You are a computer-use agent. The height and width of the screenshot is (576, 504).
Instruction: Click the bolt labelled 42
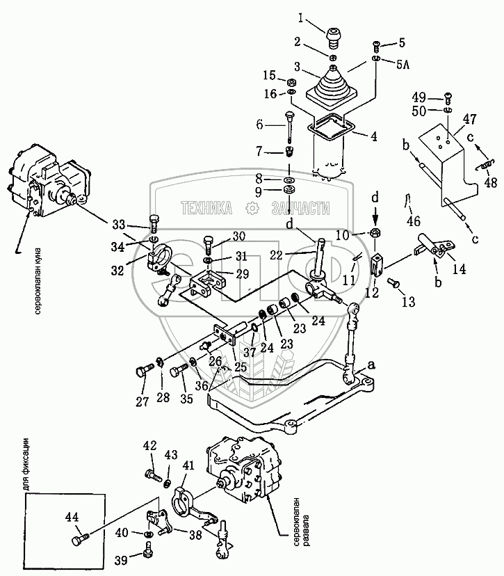pos(151,475)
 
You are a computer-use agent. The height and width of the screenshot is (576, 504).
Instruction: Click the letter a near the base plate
pos(371,363)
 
